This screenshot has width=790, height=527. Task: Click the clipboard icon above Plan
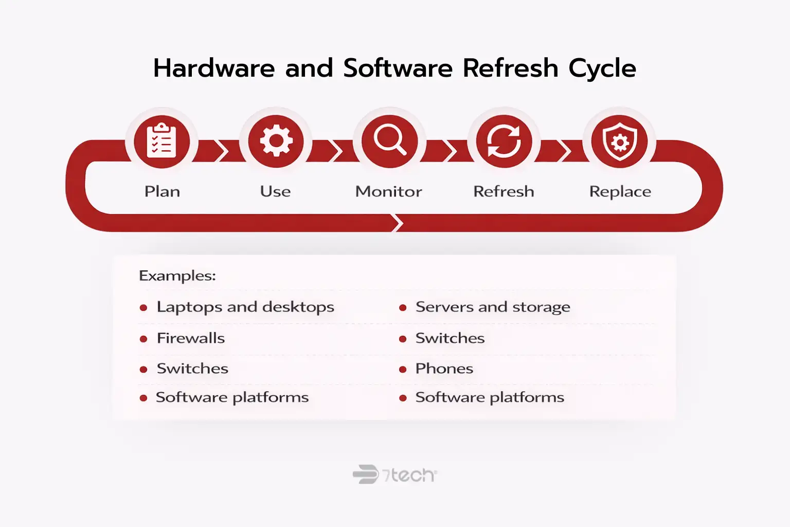[162, 141]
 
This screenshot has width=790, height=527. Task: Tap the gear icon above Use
[276, 141]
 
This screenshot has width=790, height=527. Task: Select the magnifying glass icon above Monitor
[389, 141]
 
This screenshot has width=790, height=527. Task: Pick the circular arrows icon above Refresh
[504, 141]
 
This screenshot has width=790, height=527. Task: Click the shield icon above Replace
[619, 141]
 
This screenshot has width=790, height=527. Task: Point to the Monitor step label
[389, 191]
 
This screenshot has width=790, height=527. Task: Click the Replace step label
[620, 191]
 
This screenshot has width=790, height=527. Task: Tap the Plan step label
[162, 191]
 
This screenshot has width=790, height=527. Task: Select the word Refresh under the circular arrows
[504, 191]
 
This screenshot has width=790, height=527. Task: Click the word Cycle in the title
[602, 68]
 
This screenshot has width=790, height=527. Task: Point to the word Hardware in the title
[214, 68]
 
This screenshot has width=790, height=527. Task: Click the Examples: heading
[177, 276]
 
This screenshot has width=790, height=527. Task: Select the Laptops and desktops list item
[245, 307]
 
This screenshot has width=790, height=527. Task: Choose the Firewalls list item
[191, 338]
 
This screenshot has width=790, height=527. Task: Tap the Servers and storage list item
[493, 307]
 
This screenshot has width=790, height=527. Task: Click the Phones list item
[444, 368]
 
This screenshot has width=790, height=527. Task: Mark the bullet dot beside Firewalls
[143, 339]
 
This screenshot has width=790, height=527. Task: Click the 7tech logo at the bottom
[394, 475]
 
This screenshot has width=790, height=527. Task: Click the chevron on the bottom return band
[397, 223]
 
